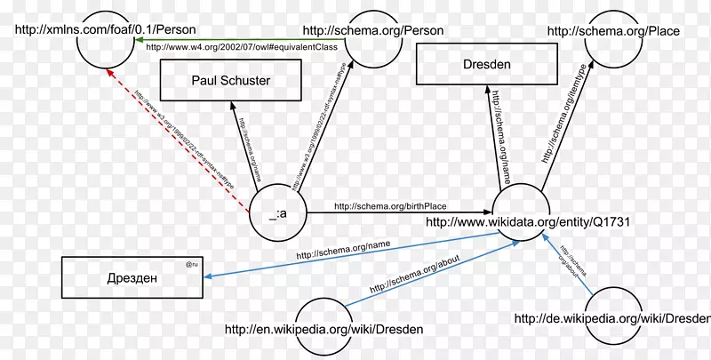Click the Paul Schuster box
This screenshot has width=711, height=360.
(230, 81)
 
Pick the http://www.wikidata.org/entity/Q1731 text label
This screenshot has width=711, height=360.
(528, 222)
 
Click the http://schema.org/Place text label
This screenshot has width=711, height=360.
(613, 31)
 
